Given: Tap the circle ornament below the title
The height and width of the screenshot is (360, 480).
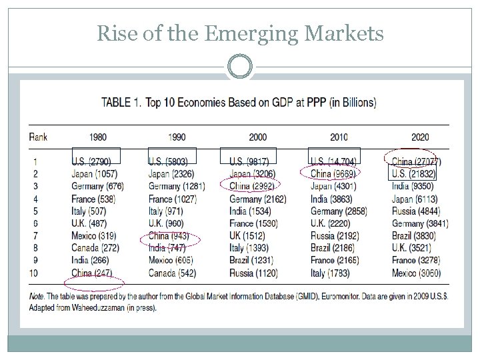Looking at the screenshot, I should pyautogui.click(x=240, y=67).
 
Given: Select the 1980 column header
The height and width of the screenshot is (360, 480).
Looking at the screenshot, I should pyautogui.click(x=96, y=137).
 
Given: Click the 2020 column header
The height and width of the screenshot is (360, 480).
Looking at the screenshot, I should pyautogui.click(x=420, y=137).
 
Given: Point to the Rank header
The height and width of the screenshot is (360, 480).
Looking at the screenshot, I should pyautogui.click(x=38, y=137).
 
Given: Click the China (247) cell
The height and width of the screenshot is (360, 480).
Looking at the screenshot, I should pyautogui.click(x=91, y=273).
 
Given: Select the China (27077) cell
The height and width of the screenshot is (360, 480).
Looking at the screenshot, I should pyautogui.click(x=416, y=161).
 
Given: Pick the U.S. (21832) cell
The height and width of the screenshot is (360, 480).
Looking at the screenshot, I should pyautogui.click(x=414, y=173).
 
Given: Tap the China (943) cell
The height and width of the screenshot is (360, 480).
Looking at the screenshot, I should pyautogui.click(x=169, y=236).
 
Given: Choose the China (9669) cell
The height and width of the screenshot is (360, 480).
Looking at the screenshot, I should pyautogui.click(x=333, y=173).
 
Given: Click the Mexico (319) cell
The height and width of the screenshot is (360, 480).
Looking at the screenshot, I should pyautogui.click(x=93, y=236).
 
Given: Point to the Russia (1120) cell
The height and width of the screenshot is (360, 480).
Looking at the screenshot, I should pyautogui.click(x=253, y=273).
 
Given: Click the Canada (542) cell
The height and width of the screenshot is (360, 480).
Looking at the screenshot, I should pyautogui.click(x=172, y=273).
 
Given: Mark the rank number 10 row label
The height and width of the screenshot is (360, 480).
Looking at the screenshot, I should pyautogui.click(x=34, y=273).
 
